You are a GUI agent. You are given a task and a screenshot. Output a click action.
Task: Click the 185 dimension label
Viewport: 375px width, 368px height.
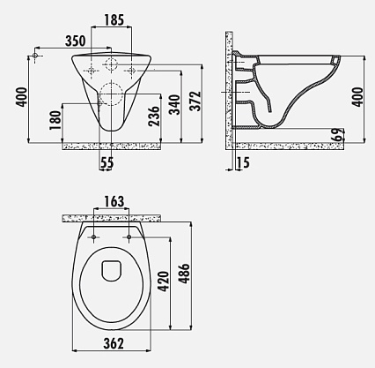point(114,20)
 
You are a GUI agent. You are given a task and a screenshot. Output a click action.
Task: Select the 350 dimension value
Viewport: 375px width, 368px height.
point(76,41)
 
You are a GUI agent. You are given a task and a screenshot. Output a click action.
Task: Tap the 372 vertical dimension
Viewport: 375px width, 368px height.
point(195,101)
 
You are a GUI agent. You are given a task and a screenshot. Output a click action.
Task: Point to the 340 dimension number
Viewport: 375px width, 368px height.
point(175,104)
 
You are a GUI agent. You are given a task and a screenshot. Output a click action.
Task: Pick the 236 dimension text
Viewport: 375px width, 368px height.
point(155,116)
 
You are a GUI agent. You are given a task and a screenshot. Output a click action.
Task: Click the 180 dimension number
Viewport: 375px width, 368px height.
point(55,120)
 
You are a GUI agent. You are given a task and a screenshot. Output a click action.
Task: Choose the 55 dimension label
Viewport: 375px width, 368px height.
point(107,162)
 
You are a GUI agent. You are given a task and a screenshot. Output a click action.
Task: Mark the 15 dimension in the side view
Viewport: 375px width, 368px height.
point(243,162)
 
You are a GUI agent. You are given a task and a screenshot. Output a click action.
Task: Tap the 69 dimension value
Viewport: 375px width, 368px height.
point(338,135)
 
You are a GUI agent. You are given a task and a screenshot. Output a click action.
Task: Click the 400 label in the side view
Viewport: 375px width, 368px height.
point(357,97)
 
